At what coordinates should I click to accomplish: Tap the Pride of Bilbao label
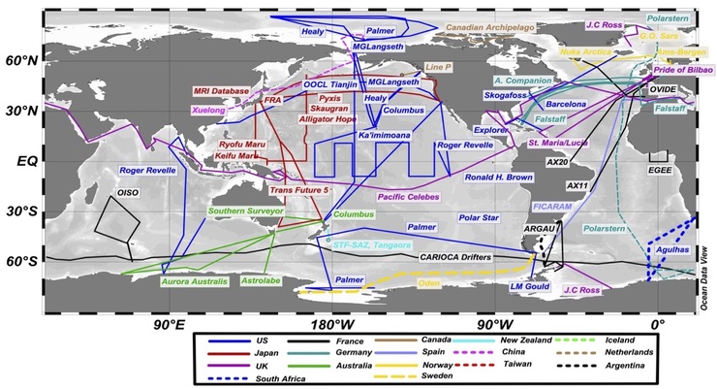pos(670,71)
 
